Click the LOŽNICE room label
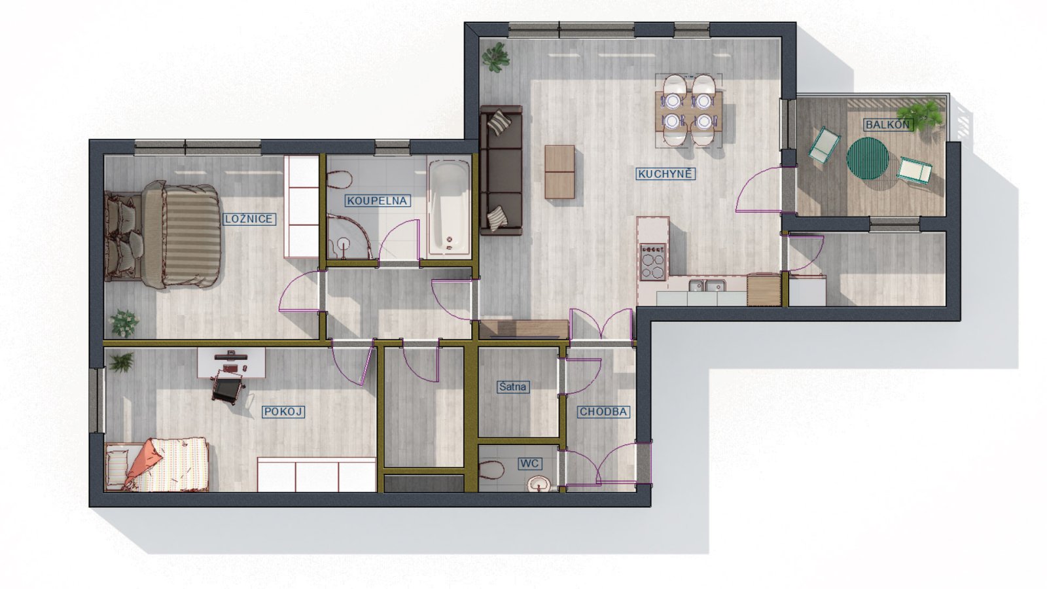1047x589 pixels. [249, 219]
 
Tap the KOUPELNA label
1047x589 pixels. [377, 201]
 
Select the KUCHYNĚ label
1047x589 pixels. [665, 174]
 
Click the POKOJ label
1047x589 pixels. [284, 412]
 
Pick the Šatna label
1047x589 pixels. [513, 387]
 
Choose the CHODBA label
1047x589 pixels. [603, 412]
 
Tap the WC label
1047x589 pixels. [529, 464]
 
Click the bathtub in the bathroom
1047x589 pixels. [449, 207]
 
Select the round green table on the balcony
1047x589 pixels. [868, 158]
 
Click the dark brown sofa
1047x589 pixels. [501, 170]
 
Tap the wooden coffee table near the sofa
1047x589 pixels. [560, 171]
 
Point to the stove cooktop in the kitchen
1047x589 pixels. [653, 262]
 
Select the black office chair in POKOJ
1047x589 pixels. [228, 387]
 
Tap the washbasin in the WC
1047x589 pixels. [539, 484]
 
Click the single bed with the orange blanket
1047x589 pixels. [156, 464]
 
